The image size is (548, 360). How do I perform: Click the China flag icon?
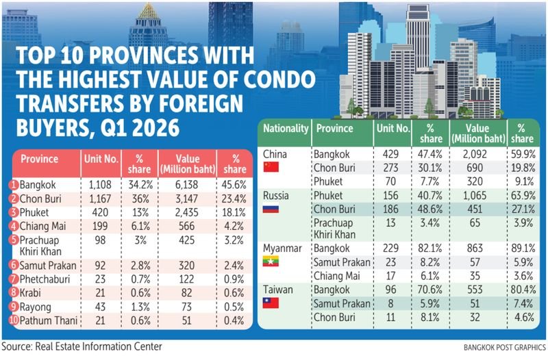(x=271, y=167)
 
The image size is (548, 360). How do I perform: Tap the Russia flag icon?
(x=271, y=209)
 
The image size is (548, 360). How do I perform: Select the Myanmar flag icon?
(x=271, y=261)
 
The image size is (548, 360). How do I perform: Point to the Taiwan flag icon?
(x=271, y=303)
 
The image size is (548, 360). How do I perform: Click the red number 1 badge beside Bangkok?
(x=14, y=185)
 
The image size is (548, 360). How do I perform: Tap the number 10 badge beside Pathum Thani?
(x=14, y=320)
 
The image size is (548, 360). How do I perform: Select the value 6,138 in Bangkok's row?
(x=186, y=185)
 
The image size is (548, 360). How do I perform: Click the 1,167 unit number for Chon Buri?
(x=100, y=198)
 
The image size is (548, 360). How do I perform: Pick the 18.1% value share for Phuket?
(x=234, y=212)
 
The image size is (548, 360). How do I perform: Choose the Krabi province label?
(x=30, y=293)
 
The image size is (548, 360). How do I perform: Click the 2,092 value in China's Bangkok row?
(x=475, y=154)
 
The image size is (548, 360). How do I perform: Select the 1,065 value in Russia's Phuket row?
(x=475, y=195)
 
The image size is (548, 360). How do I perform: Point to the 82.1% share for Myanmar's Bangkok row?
(x=430, y=248)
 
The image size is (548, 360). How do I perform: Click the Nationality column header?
(x=286, y=128)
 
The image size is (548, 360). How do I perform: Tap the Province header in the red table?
(x=39, y=159)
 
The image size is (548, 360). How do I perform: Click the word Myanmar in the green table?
(x=282, y=248)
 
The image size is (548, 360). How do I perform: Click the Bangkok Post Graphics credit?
(x=505, y=348)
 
